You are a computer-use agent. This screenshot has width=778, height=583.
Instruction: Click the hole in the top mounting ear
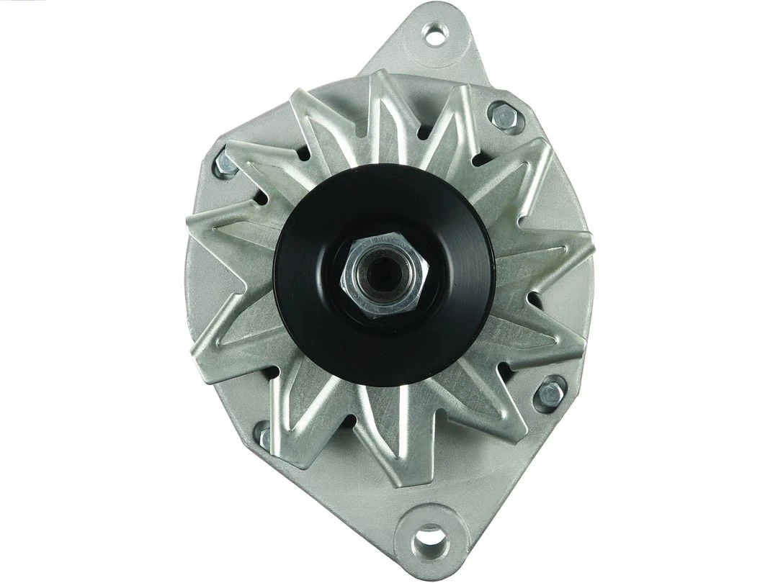(x=435, y=33)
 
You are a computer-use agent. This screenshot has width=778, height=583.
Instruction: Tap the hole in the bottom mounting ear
(x=430, y=537)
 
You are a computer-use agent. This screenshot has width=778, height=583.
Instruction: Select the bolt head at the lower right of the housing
(x=550, y=393)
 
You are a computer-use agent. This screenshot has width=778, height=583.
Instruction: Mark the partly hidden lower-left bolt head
(x=264, y=436)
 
